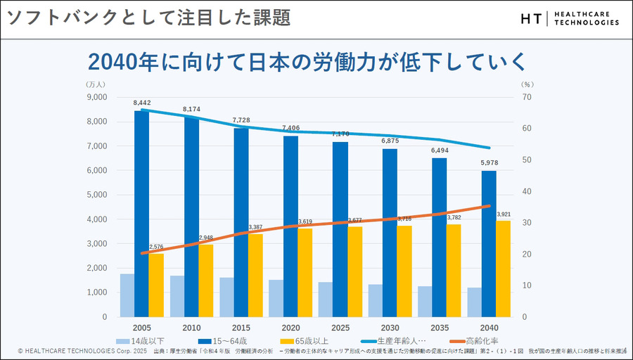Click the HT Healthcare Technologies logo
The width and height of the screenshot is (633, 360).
[x=570, y=18]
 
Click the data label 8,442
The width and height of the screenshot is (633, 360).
[x=142, y=103]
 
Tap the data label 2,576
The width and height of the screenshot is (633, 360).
[x=156, y=247]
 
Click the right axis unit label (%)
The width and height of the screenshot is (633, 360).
[x=527, y=84]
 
